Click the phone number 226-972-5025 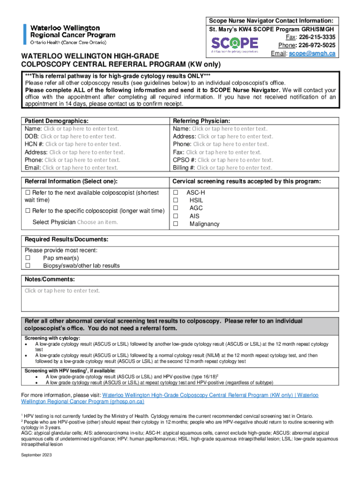318,45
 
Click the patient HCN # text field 83,144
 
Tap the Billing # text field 234,167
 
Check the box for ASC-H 176,193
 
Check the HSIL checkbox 176,201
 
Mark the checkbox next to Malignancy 176,224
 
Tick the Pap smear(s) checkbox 28,258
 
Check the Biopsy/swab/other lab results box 28,266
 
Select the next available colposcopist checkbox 28,193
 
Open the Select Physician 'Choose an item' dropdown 97,222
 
